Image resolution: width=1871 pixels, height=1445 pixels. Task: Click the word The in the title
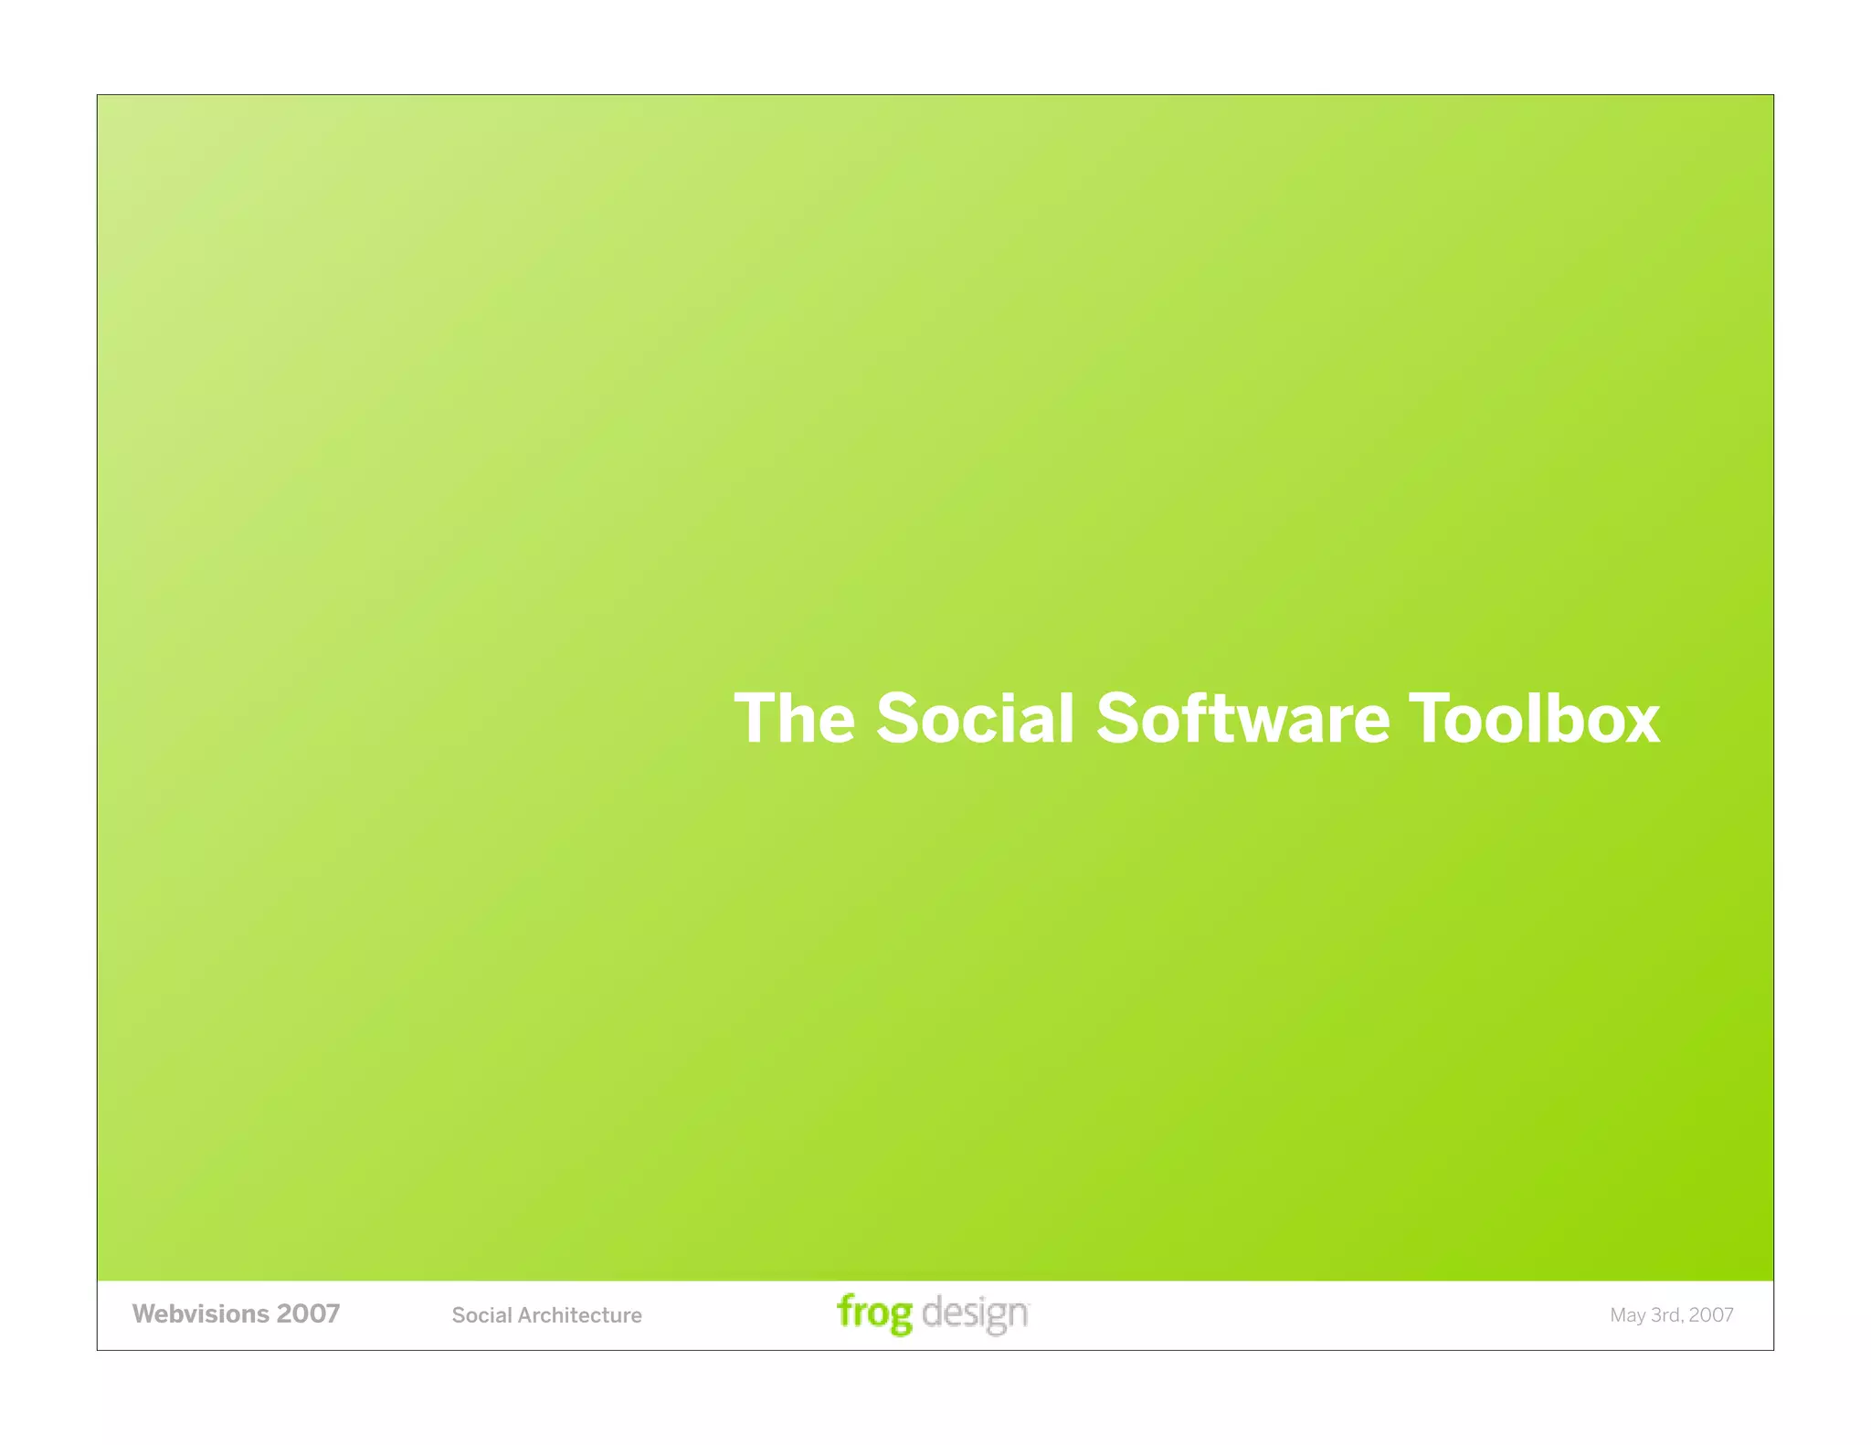click(794, 719)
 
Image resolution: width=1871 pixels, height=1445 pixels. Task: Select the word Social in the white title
click(975, 719)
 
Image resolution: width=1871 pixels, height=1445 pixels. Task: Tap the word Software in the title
click(1242, 719)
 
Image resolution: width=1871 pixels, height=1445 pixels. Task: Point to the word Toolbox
click(1534, 719)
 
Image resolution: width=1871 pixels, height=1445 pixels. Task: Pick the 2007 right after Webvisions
click(309, 1313)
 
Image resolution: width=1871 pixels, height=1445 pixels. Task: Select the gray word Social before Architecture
click(481, 1315)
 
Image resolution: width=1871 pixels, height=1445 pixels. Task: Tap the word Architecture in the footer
click(580, 1315)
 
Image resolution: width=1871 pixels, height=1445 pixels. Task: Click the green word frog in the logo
click(874, 1313)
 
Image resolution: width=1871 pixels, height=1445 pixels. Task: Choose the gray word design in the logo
click(975, 1313)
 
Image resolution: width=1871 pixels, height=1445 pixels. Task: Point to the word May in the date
click(1627, 1315)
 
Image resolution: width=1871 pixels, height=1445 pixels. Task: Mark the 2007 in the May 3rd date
click(1711, 1315)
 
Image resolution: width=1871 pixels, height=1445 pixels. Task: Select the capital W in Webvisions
click(144, 1313)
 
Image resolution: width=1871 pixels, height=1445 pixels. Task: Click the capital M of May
click(1618, 1315)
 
